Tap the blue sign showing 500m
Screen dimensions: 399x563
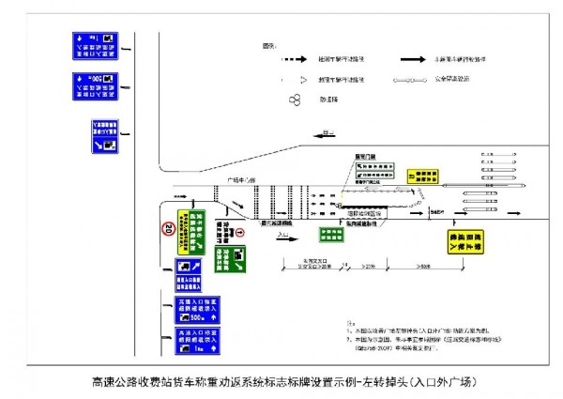(x=197, y=311)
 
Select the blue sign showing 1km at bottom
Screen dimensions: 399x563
(x=197, y=341)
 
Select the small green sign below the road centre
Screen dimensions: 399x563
(x=330, y=235)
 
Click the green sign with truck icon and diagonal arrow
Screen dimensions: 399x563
(x=228, y=257)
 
